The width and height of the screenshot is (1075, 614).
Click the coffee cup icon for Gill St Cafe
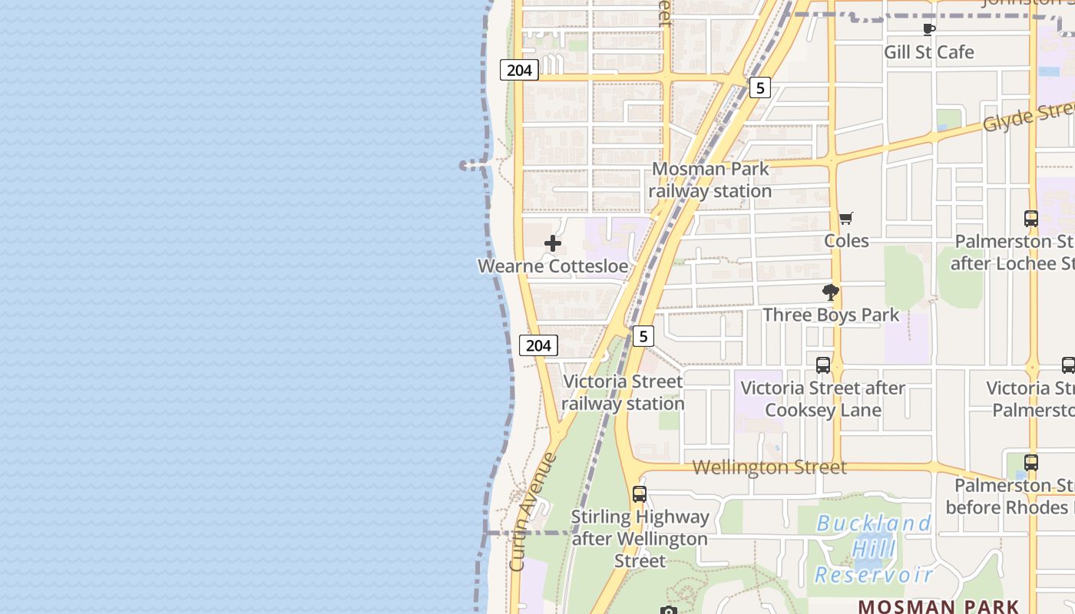click(928, 30)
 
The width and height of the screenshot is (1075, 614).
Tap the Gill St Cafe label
click(928, 52)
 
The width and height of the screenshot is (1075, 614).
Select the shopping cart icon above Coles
click(845, 219)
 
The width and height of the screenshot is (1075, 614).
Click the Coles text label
click(846, 241)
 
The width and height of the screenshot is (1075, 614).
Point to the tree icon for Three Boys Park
click(830, 292)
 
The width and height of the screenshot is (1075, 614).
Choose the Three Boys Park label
click(830, 315)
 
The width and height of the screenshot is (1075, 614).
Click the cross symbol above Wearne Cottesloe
click(552, 244)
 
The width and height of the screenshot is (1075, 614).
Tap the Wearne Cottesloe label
click(553, 266)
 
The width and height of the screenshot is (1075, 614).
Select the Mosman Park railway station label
click(711, 180)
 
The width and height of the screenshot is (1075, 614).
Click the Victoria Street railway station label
click(622, 392)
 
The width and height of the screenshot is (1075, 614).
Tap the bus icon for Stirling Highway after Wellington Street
click(640, 494)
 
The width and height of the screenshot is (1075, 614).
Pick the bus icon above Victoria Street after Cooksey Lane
click(823, 365)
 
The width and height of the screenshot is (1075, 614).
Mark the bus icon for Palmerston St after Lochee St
click(1031, 219)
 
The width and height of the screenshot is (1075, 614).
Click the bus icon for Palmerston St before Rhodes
click(1031, 463)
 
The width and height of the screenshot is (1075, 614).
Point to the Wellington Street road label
click(769, 467)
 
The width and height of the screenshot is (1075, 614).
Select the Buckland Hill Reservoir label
click(873, 549)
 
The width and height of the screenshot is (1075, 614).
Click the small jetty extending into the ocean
click(472, 165)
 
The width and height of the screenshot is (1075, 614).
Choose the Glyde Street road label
click(1029, 117)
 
